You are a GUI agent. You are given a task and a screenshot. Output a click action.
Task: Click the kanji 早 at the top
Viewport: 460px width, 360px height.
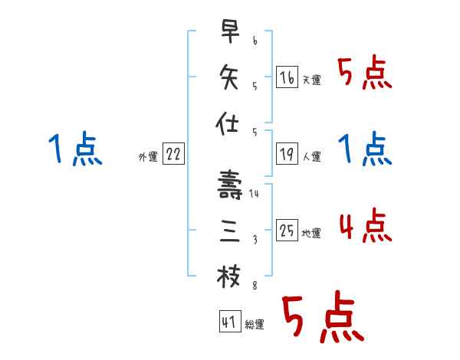coord(229,33)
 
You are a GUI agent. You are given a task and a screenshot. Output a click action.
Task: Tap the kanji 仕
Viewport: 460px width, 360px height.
coord(229,123)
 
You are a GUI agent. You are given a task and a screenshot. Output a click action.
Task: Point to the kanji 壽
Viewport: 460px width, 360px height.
coord(229,185)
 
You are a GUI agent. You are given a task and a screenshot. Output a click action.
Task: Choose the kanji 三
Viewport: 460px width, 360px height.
coord(229,231)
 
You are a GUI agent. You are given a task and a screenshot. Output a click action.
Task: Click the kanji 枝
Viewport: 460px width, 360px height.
coord(229,277)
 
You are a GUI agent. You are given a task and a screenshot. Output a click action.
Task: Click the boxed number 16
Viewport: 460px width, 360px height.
coord(287,77)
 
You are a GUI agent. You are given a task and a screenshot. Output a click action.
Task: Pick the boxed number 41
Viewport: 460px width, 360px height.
coord(228,322)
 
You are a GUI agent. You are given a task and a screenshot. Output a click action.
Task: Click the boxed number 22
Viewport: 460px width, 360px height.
coord(173,155)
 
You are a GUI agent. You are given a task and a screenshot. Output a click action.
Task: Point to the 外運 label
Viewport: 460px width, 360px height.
coord(148,156)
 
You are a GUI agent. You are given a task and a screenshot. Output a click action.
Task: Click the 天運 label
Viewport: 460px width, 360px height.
coord(312,80)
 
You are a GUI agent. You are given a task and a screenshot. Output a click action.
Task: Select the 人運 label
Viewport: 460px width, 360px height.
coord(312,157)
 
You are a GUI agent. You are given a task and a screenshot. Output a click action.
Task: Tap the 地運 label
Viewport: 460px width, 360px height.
coord(312,234)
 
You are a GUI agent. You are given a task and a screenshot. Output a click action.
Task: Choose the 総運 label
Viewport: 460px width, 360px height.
coord(254,324)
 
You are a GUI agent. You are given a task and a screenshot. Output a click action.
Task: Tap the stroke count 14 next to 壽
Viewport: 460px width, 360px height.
coord(255,194)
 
